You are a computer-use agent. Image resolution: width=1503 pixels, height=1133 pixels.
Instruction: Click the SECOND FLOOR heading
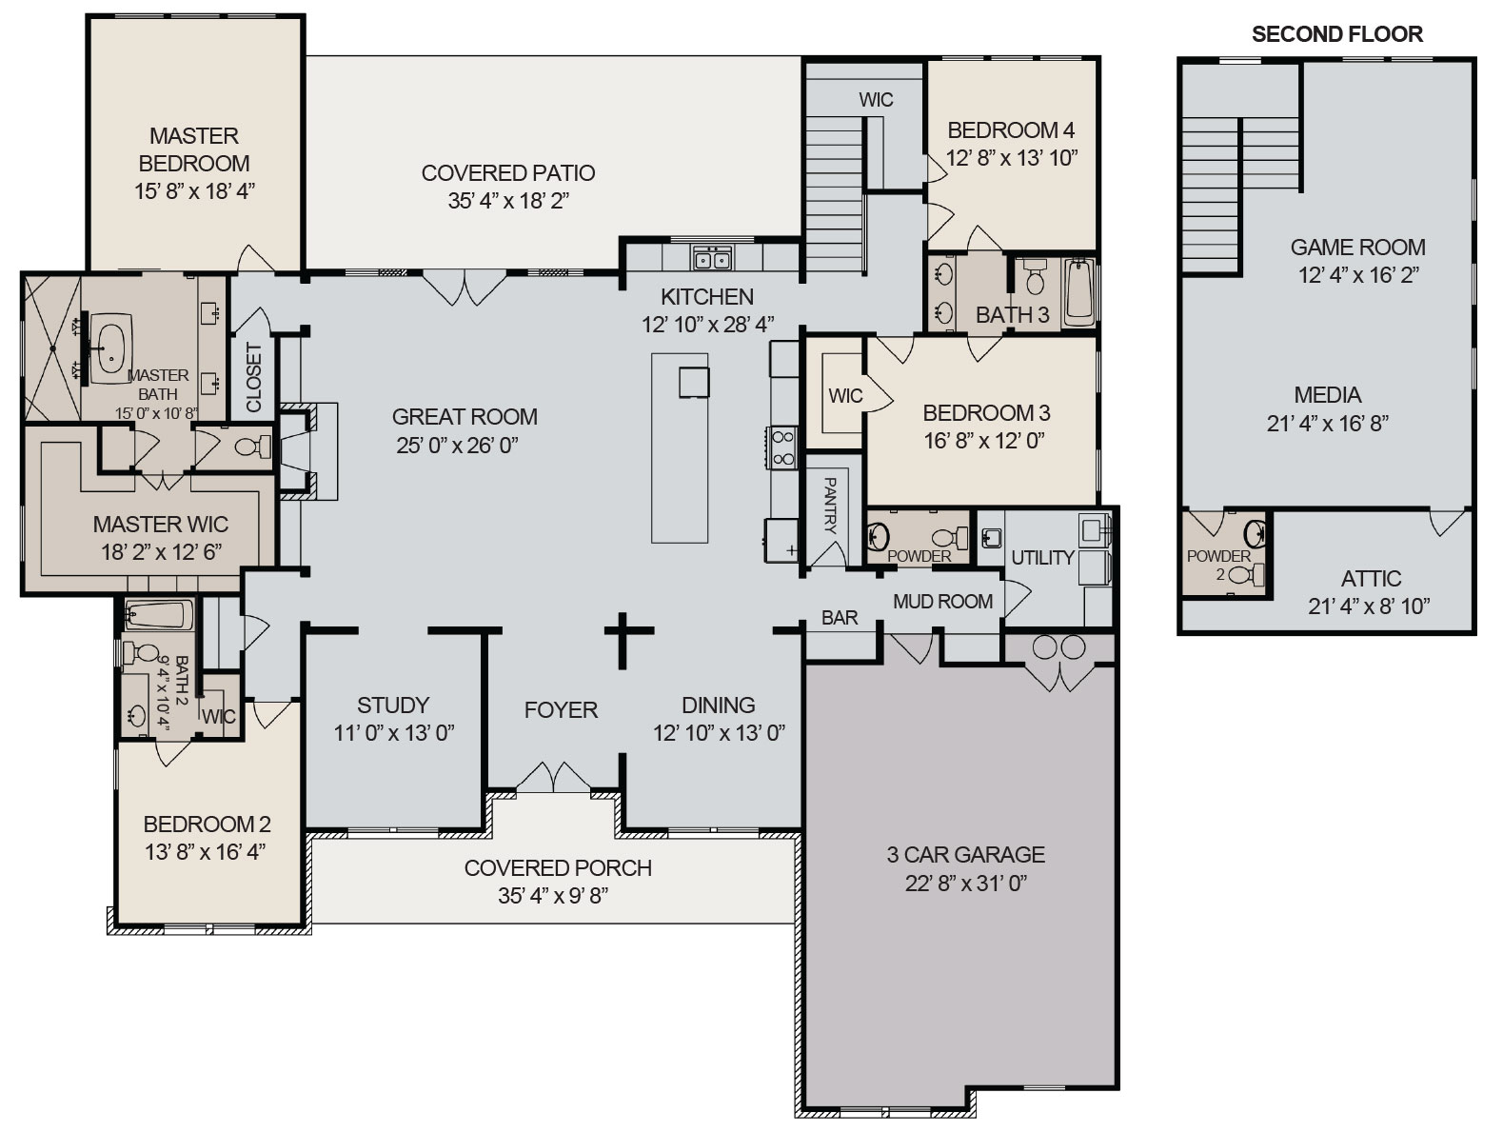pyautogui.click(x=1336, y=35)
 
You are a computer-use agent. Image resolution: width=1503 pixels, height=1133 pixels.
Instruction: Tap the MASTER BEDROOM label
pyautogui.click(x=194, y=149)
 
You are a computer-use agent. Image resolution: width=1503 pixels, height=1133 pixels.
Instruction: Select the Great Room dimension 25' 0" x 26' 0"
pyautogui.click(x=457, y=445)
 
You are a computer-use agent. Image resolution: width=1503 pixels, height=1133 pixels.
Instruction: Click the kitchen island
pyautogui.click(x=680, y=447)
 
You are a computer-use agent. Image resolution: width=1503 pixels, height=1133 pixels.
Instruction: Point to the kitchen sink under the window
pyautogui.click(x=712, y=258)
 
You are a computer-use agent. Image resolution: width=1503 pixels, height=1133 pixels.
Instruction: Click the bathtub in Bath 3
pyautogui.click(x=1079, y=290)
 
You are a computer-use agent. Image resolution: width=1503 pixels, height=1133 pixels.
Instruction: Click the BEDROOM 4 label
pyautogui.click(x=1011, y=129)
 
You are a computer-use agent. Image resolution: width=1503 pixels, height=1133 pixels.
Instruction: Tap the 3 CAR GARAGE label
pyautogui.click(x=965, y=854)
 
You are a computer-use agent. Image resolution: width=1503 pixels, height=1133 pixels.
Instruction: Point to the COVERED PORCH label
pyautogui.click(x=558, y=867)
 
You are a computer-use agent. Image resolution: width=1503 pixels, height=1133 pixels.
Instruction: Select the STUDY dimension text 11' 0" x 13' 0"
pyautogui.click(x=393, y=732)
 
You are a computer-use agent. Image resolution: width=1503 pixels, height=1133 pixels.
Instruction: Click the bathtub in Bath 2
pyautogui.click(x=159, y=615)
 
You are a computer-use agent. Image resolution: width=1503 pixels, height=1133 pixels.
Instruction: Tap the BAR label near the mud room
pyautogui.click(x=840, y=618)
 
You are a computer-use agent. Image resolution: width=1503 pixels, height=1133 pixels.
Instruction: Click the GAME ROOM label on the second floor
pyautogui.click(x=1357, y=248)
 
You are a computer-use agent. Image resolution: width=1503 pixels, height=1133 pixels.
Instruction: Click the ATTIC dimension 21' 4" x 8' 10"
pyautogui.click(x=1369, y=606)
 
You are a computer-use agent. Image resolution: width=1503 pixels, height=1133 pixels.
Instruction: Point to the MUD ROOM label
pyautogui.click(x=942, y=601)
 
